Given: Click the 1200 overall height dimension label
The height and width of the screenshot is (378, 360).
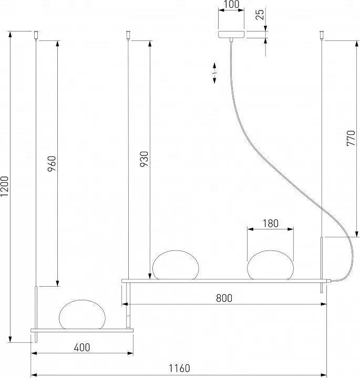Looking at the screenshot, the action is pyautogui.click(x=4, y=186).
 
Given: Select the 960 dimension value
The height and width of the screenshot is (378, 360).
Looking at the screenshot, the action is pyautogui.click(x=52, y=164).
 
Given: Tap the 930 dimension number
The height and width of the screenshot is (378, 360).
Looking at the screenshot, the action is pyautogui.click(x=145, y=160).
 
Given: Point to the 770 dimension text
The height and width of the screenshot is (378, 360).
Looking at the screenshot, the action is pyautogui.click(x=351, y=138).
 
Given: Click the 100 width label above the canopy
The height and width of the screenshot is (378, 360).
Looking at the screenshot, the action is pyautogui.click(x=231, y=4).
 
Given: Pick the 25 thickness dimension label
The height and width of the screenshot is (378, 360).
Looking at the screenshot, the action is pyautogui.click(x=260, y=14).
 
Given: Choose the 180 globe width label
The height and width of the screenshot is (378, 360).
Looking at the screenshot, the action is pyautogui.click(x=270, y=223).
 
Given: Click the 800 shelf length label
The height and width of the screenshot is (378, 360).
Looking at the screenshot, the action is pyautogui.click(x=224, y=298).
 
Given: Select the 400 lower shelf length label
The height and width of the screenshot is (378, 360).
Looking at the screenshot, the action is pyautogui.click(x=82, y=348).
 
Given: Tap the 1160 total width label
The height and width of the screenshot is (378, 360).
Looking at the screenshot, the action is pyautogui.click(x=179, y=368).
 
